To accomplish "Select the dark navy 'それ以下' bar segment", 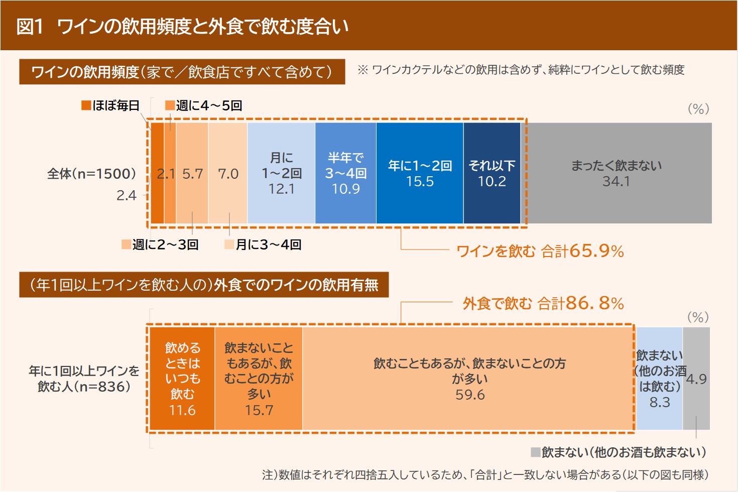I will click(x=492, y=173).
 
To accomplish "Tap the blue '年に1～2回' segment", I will click(x=420, y=173).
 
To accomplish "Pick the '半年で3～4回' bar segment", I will click(x=345, y=173).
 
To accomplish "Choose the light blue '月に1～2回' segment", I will click(x=281, y=173).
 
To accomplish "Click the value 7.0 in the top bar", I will click(x=228, y=174).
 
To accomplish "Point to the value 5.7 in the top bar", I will click(x=193, y=174).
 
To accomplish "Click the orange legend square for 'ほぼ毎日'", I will click(x=86, y=105).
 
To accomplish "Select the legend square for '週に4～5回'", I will click(x=170, y=105).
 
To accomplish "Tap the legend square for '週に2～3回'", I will click(x=127, y=244).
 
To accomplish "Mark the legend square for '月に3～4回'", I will click(x=229, y=244).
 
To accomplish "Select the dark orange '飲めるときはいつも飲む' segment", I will click(x=182, y=379).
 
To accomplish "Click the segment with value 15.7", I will click(x=259, y=379).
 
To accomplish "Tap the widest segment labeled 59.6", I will click(x=469, y=379).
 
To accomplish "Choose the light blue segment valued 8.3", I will click(x=659, y=379).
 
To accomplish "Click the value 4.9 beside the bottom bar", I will click(x=696, y=379).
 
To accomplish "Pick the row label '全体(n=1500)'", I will click(x=92, y=174).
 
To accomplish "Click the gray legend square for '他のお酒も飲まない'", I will click(x=536, y=452).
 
